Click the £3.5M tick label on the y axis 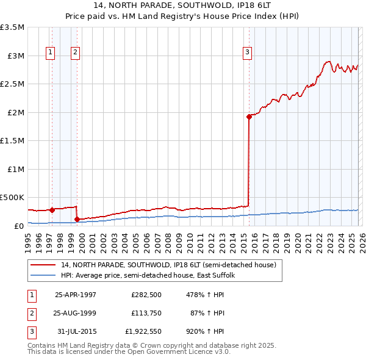click(x=12, y=27)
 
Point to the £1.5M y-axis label click(x=12, y=141)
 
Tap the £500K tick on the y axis click(x=12, y=198)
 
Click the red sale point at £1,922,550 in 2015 click(x=249, y=117)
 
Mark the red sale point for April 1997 click(x=52, y=210)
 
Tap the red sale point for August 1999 click(x=77, y=219)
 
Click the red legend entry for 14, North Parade click(x=168, y=265)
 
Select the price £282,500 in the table click(x=145, y=294)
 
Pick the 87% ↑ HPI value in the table click(x=208, y=313)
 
